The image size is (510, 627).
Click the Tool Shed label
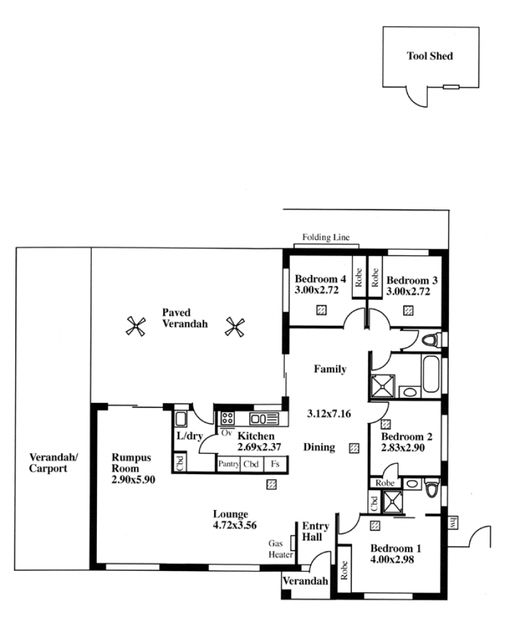point(430,56)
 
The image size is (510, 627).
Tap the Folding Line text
point(326,237)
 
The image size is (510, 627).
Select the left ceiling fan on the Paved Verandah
point(136,327)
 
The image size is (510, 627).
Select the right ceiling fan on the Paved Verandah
point(235,327)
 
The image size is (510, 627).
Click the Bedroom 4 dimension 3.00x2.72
point(317,290)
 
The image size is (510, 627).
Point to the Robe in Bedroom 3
point(375,277)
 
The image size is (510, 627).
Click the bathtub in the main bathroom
point(431,374)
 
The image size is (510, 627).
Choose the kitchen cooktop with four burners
point(228,418)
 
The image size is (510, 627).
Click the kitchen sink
point(264,419)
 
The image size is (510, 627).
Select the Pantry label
point(229,464)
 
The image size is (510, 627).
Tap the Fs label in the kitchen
point(275,464)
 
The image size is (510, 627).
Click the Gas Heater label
point(280,549)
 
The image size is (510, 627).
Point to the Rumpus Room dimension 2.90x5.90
point(133,479)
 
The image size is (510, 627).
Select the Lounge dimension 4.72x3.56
point(235,525)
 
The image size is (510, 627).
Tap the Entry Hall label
point(316,532)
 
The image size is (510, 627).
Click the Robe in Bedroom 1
point(344,570)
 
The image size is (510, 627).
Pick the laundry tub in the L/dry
point(181,419)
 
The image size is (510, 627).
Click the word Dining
point(319,447)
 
